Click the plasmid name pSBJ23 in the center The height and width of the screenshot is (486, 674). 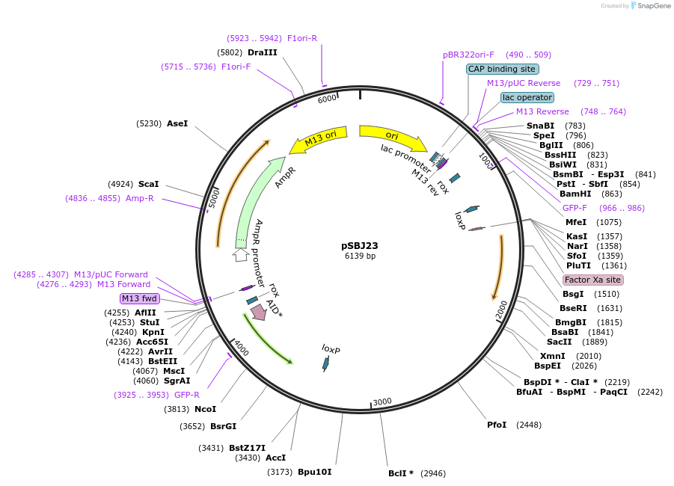(360, 246)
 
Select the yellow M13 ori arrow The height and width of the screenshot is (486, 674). (319, 139)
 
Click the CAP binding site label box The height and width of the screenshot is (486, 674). (502, 69)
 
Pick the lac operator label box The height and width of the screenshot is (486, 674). (527, 97)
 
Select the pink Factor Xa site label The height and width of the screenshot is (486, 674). (592, 280)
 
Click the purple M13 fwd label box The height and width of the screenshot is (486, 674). (140, 298)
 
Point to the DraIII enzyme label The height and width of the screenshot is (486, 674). (263, 52)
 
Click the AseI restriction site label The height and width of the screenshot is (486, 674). (177, 124)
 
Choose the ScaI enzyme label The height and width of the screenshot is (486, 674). (148, 184)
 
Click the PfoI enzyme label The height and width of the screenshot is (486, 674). (497, 425)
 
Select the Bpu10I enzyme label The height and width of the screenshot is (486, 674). (315, 472)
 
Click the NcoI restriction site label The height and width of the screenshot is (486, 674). (205, 409)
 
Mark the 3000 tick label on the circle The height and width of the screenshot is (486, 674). (382, 402)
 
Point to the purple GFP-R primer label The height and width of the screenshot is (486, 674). (186, 395)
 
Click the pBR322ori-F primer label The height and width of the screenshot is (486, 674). (468, 55)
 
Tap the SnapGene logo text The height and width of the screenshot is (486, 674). (654, 5)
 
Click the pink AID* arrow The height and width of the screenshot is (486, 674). (259, 312)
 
